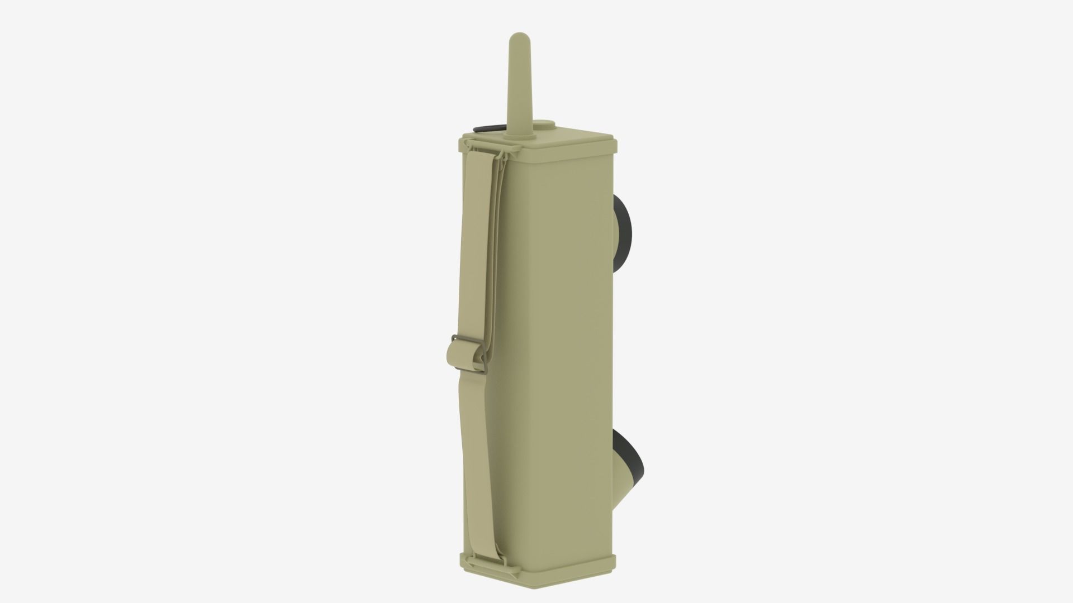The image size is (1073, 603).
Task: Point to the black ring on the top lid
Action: point(486,130)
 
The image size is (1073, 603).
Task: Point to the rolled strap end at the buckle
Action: point(454,357)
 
